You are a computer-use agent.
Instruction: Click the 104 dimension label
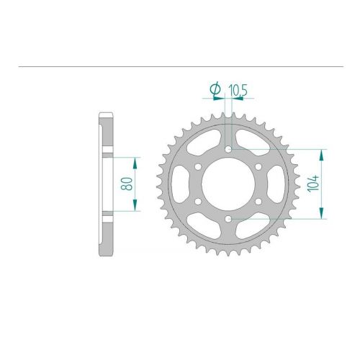(314, 183)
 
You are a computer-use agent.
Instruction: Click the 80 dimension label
(127, 184)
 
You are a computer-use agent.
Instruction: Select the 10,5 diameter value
(238, 90)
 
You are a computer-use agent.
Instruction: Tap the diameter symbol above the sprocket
(215, 89)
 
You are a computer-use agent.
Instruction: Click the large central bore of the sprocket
(228, 184)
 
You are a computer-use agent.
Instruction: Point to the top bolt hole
(228, 149)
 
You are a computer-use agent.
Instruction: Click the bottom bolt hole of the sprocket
(228, 219)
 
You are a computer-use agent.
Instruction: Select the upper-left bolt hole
(198, 166)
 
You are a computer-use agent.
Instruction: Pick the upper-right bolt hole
(258, 166)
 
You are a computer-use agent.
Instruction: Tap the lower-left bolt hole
(198, 202)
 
